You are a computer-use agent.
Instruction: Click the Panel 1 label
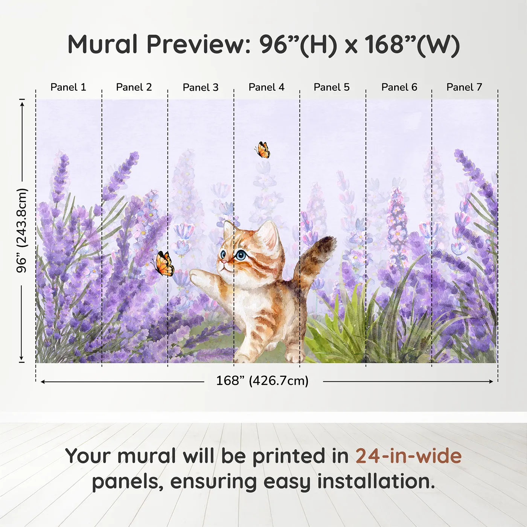(x=68, y=87)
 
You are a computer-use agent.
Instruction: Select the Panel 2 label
(x=134, y=87)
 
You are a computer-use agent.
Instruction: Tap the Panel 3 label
(x=201, y=87)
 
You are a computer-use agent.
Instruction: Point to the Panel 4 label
(x=267, y=87)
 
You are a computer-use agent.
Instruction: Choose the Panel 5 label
(x=332, y=87)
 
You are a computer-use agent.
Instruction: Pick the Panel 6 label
(x=399, y=87)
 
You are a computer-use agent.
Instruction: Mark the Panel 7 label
(x=464, y=87)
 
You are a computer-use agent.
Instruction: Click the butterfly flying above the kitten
(x=262, y=150)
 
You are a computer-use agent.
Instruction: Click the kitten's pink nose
(x=223, y=262)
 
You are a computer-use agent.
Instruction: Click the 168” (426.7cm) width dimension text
(x=262, y=381)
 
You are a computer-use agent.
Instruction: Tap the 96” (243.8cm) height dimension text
(x=21, y=230)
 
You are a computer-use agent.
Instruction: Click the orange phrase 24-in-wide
(x=408, y=456)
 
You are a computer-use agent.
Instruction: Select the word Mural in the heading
(x=102, y=44)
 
